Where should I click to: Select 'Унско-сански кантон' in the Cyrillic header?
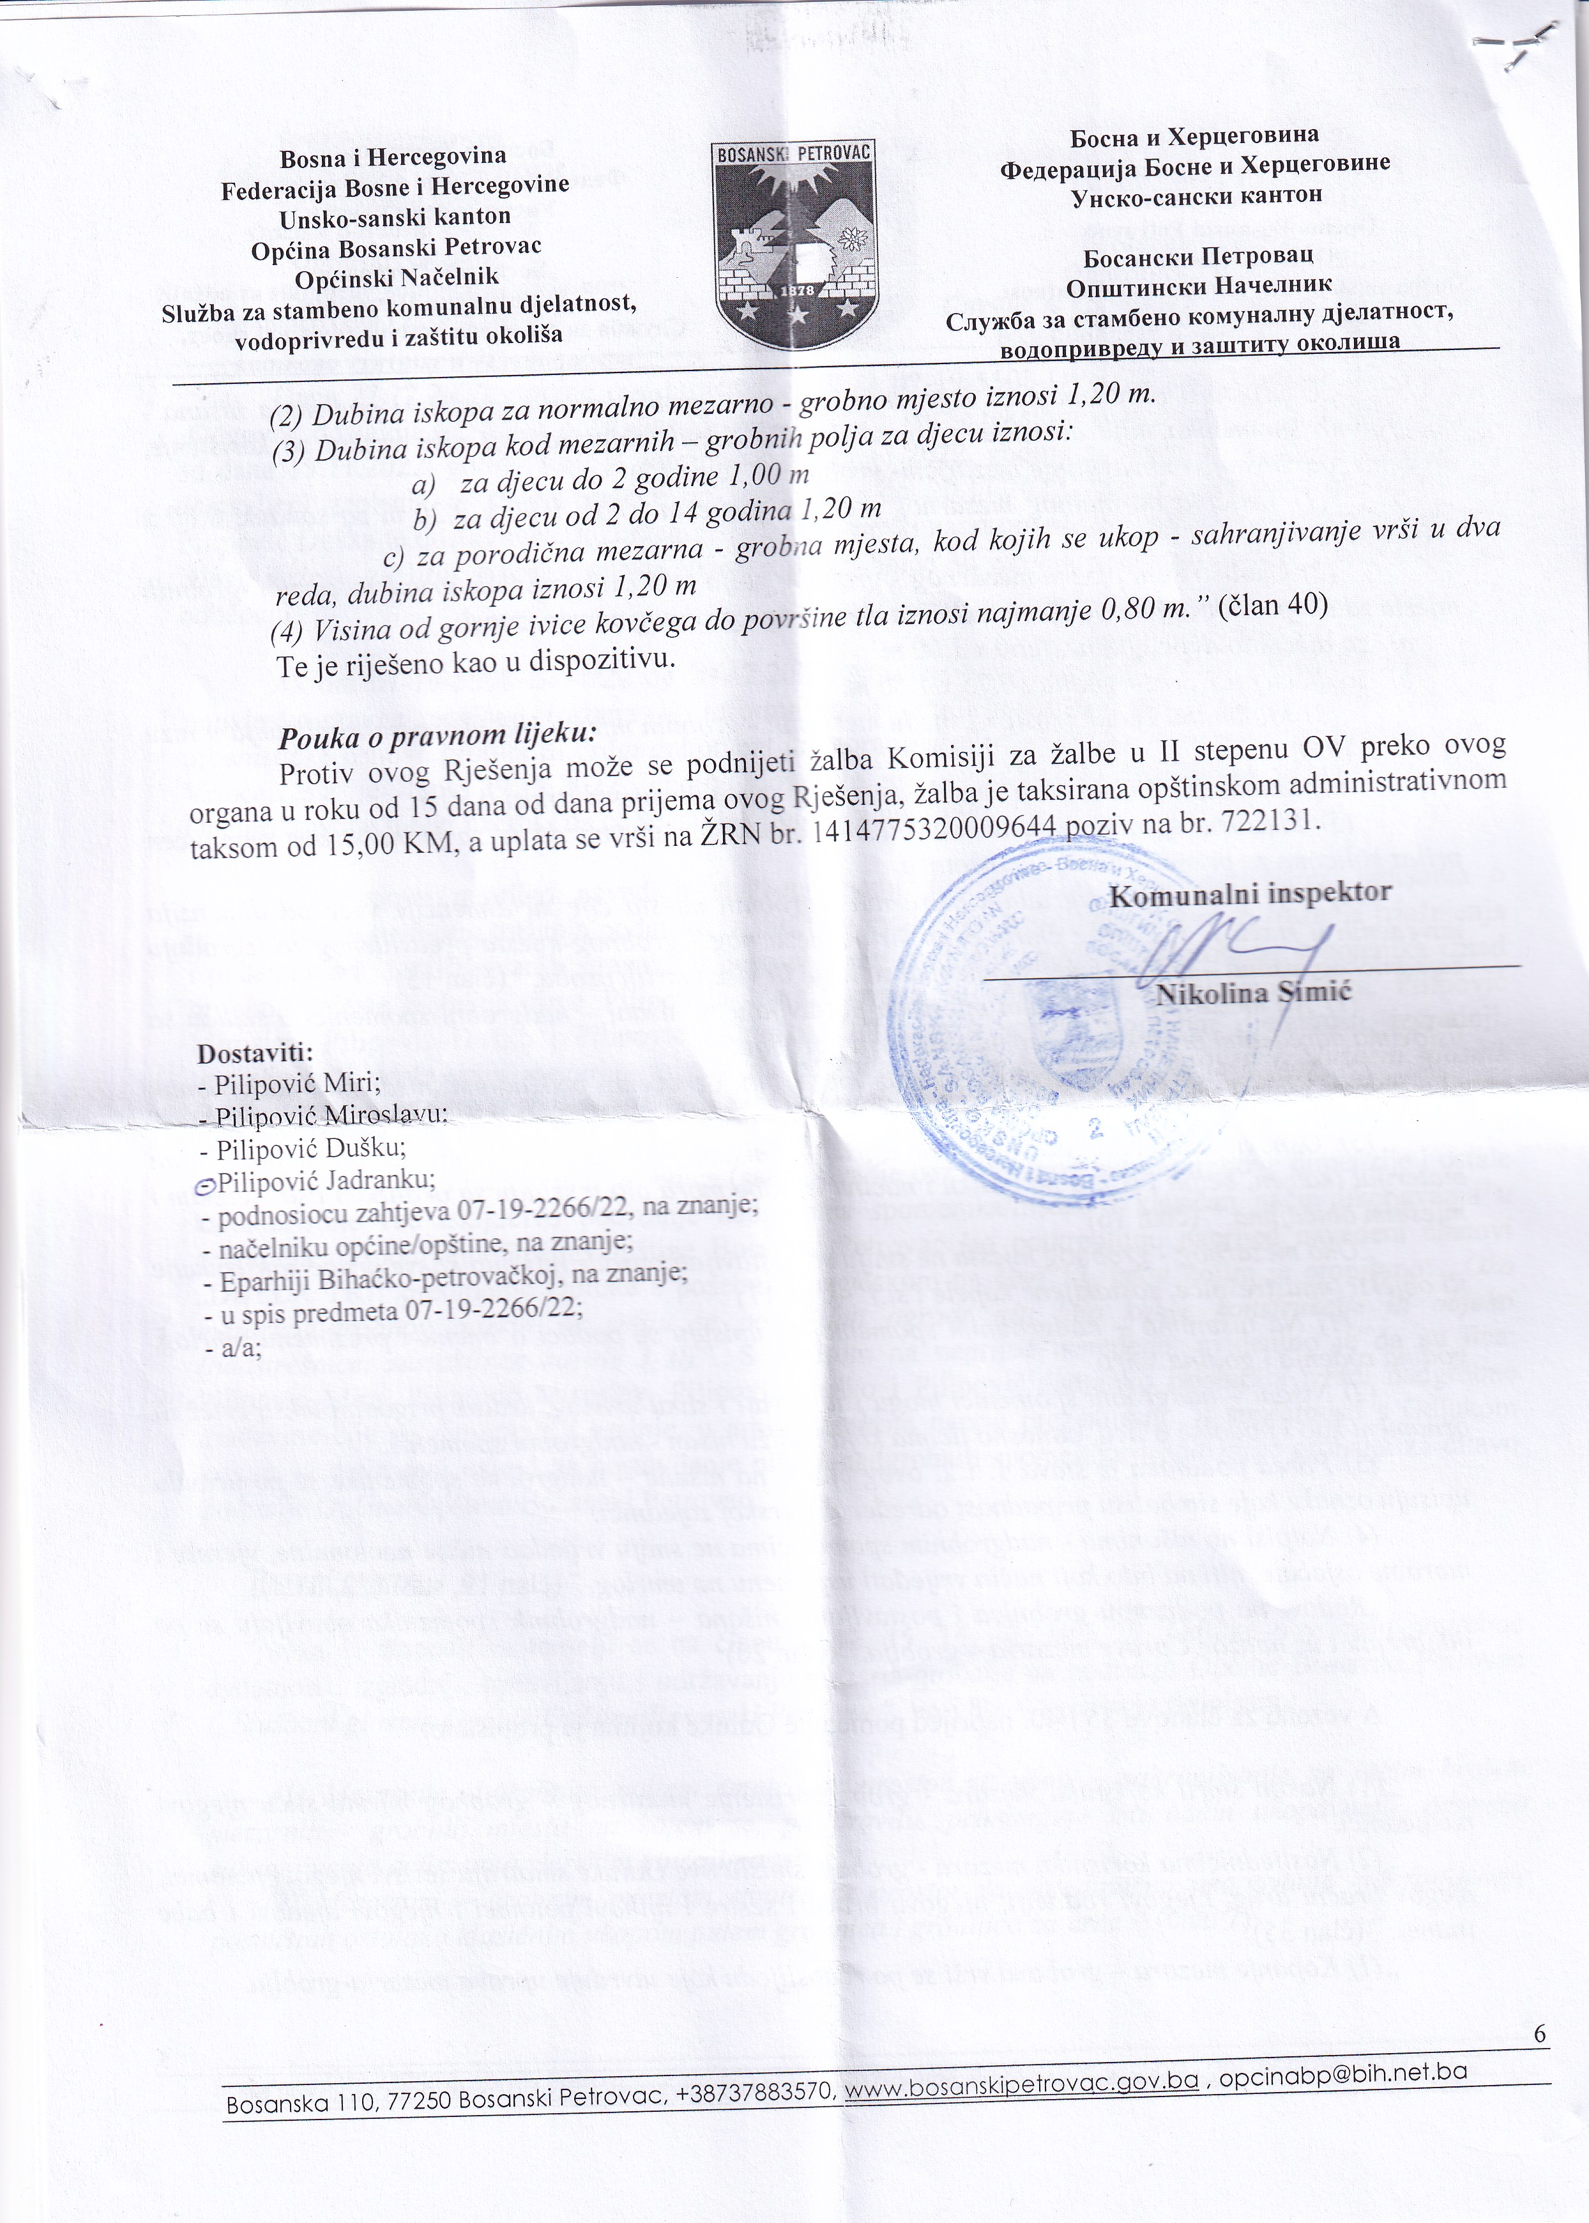coord(1197,195)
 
